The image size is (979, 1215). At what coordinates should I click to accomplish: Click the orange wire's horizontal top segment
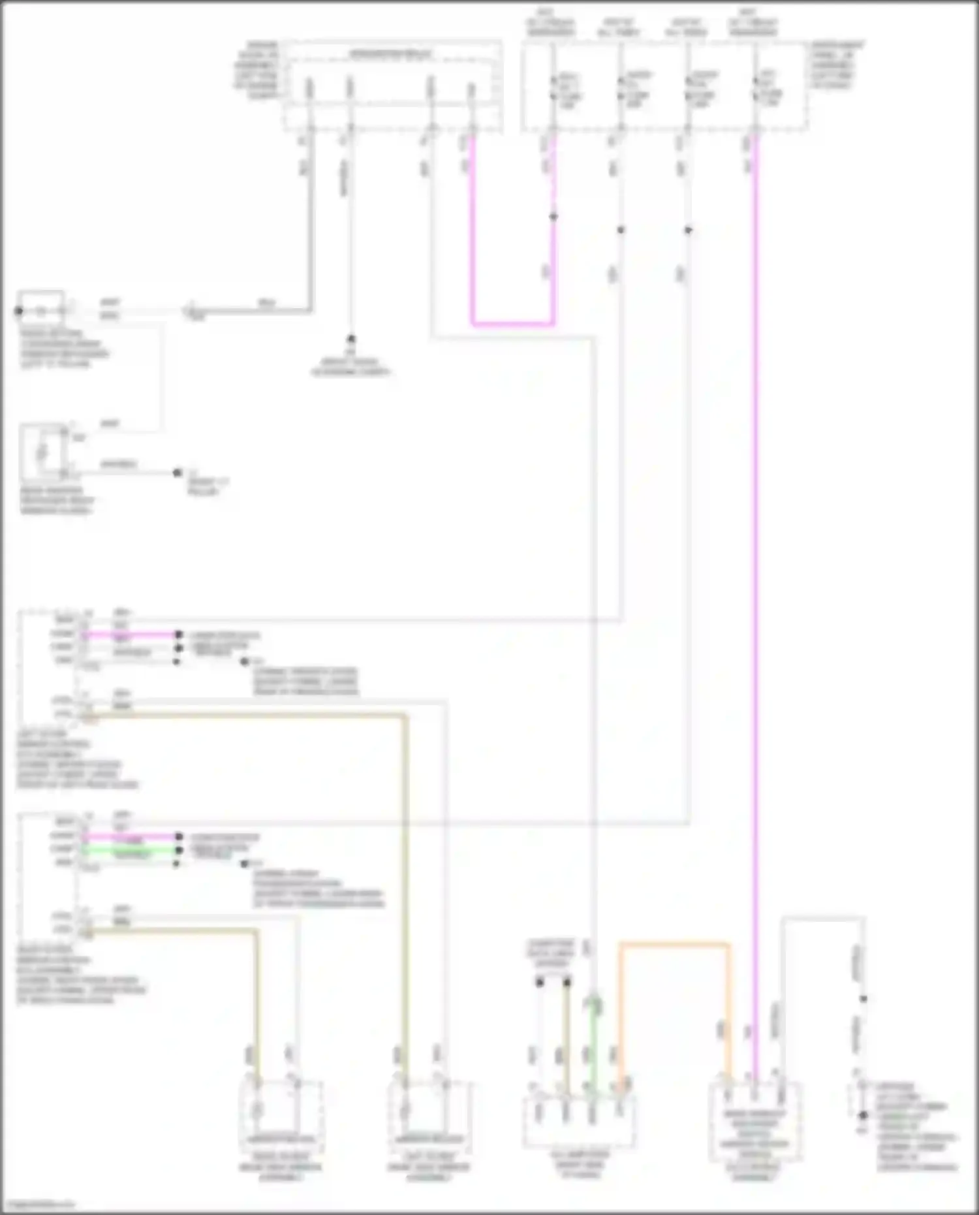click(x=674, y=944)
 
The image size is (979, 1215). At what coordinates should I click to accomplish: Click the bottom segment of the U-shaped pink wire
click(x=513, y=323)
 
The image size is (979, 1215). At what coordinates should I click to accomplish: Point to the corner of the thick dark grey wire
click(x=310, y=310)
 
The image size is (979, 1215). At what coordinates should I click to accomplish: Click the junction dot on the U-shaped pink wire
click(x=553, y=217)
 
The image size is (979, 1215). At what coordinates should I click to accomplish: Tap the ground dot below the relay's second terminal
click(x=350, y=339)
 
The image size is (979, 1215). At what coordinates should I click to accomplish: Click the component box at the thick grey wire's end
click(x=40, y=308)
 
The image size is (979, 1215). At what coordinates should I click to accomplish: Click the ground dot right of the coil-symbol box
click(x=177, y=472)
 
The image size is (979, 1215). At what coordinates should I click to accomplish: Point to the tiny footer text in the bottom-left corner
click(x=38, y=1204)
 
